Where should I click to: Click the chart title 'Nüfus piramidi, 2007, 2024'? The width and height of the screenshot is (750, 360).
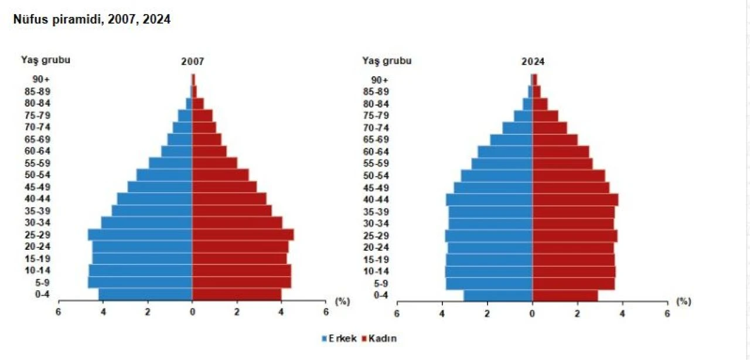[x=92, y=19]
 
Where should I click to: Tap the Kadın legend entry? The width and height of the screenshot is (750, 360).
[x=381, y=339]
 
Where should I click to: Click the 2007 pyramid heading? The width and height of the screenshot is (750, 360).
[x=192, y=61]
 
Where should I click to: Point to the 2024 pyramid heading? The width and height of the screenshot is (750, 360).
[x=534, y=61]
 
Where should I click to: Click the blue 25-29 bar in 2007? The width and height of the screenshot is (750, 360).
[x=141, y=235]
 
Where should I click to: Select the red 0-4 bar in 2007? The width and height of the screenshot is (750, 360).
[x=237, y=294]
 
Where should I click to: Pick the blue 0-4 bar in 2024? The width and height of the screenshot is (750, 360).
[x=498, y=295]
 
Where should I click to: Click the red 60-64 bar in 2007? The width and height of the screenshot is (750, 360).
[x=209, y=151]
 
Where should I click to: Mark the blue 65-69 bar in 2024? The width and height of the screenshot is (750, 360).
[x=512, y=140]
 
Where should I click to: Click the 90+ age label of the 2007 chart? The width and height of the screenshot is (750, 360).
[x=41, y=79]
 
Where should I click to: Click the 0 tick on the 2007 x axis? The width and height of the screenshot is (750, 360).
[x=192, y=312]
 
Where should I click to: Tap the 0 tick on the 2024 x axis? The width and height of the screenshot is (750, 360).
[x=532, y=313]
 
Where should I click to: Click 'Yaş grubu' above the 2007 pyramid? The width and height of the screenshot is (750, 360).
[x=46, y=60]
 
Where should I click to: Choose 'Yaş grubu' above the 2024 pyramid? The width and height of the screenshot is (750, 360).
[x=387, y=60]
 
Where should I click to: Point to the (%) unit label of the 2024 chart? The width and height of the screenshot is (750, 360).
[x=683, y=301]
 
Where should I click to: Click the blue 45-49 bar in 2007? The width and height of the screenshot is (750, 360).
[x=160, y=187]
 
